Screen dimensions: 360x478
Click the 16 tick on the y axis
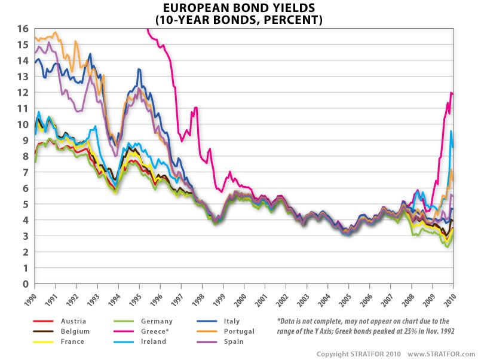23,29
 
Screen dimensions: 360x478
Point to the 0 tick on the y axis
26,284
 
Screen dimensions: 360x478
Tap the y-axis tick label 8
26,157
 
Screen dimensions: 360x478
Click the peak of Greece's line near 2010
451,92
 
